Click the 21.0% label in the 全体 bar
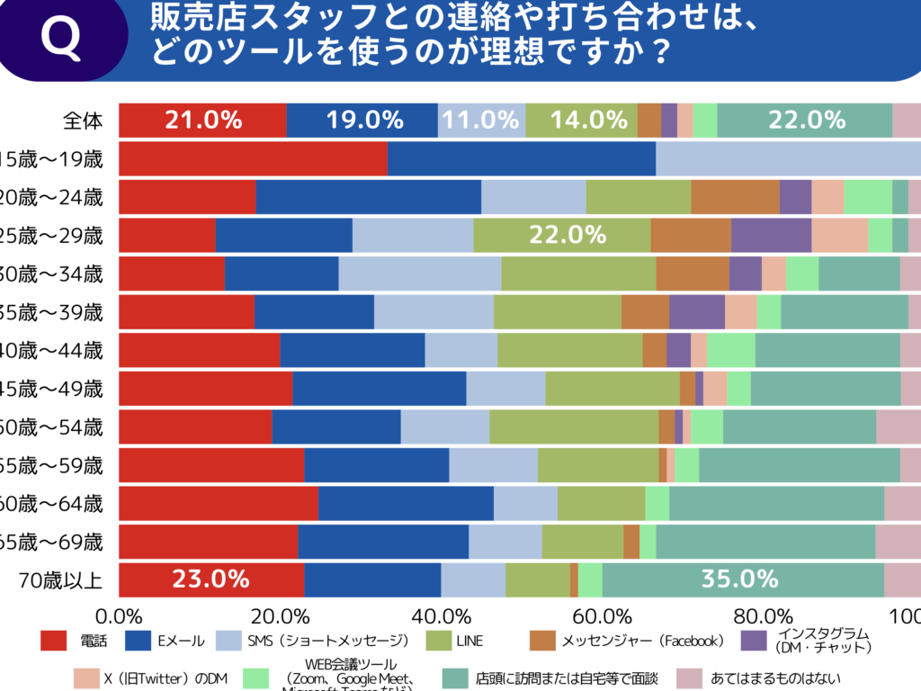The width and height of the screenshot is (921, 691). [203, 121]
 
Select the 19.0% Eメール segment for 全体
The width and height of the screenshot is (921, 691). [362, 121]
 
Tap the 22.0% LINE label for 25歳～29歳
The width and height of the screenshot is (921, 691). [567, 235]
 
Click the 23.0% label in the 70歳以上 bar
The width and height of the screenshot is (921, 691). [210, 579]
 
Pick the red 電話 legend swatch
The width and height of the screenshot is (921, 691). [54, 641]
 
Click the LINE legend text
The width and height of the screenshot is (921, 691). [469, 641]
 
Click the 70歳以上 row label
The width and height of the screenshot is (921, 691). [61, 579]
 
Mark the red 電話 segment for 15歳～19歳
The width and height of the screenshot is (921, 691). [253, 158]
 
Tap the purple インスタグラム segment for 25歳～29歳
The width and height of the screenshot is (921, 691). [771, 235]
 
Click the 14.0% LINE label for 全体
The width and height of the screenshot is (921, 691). [589, 121]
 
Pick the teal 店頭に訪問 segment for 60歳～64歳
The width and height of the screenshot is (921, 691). [776, 503]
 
